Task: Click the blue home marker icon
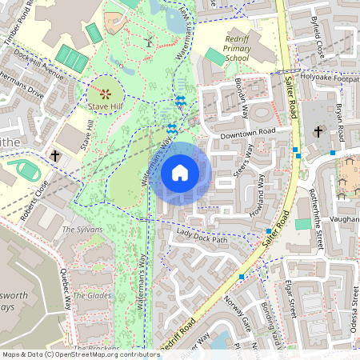180,173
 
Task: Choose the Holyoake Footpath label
326,78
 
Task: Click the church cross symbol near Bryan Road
318,132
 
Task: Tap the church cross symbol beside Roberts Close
55,155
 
